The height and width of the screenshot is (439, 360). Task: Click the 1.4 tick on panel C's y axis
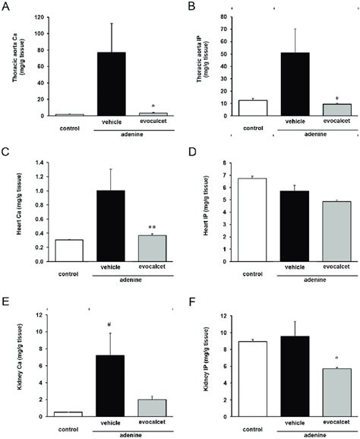[43, 162]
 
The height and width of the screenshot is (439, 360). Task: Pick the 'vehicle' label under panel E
[112, 425]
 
